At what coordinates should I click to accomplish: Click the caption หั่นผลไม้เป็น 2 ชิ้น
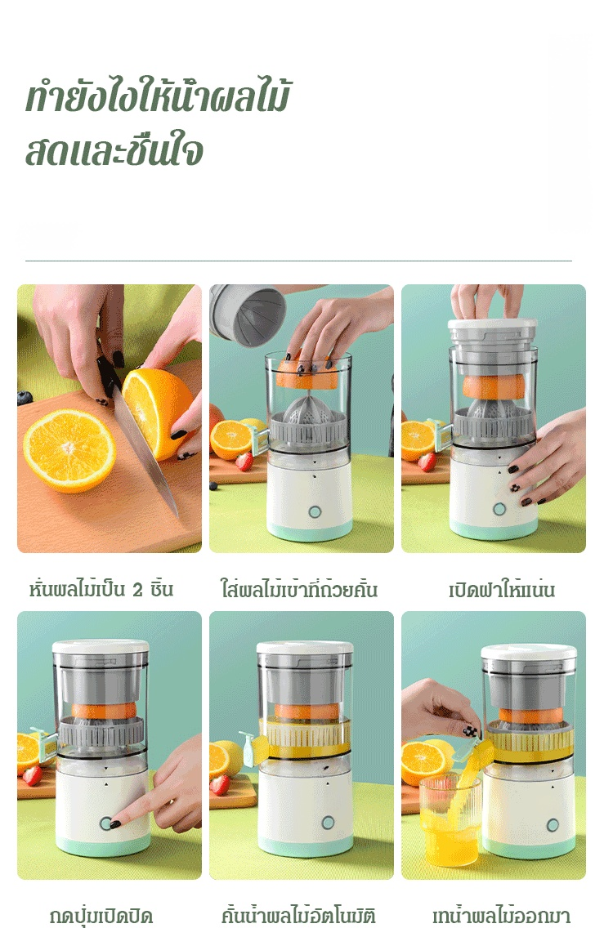pyautogui.click(x=101, y=590)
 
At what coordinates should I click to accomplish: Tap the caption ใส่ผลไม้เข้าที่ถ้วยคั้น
pyautogui.click(x=299, y=590)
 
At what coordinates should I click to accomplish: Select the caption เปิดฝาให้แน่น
pyautogui.click(x=502, y=590)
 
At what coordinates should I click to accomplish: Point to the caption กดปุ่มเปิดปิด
pyautogui.click(x=101, y=916)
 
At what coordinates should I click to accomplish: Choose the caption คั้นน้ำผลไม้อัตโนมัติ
pyautogui.click(x=298, y=916)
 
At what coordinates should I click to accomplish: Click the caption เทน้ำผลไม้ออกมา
pyautogui.click(x=501, y=916)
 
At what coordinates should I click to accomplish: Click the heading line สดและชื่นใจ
pyautogui.click(x=114, y=150)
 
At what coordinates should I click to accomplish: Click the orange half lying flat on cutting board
pyautogui.click(x=69, y=449)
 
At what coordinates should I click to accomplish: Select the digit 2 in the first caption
pyautogui.click(x=137, y=591)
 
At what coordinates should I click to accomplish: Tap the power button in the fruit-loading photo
pyautogui.click(x=314, y=511)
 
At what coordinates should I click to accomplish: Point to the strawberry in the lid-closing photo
pyautogui.click(x=427, y=462)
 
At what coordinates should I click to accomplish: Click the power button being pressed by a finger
pyautogui.click(x=106, y=823)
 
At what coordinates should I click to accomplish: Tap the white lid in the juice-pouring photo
pyautogui.click(x=530, y=654)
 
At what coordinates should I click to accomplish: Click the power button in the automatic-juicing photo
pyautogui.click(x=328, y=823)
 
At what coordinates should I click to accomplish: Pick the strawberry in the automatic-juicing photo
pyautogui.click(x=220, y=784)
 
